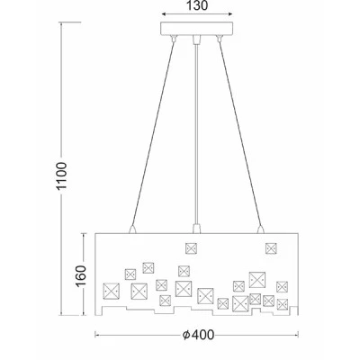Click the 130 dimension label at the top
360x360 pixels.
pos(197,5)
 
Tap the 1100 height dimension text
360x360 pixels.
pos(61,175)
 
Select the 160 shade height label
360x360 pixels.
pos(81,276)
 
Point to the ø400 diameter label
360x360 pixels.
pos(199,335)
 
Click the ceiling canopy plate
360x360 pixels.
pos(197,29)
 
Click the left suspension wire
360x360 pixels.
pos(153,132)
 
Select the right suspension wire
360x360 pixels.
pos(240,132)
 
